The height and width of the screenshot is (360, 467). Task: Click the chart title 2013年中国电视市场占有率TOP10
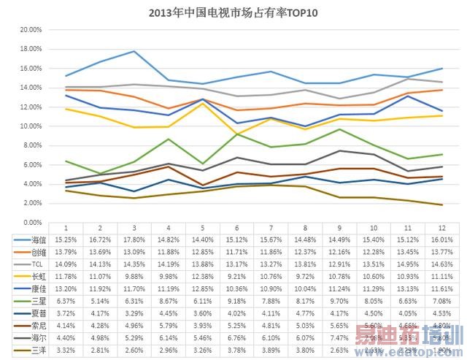tap(233, 12)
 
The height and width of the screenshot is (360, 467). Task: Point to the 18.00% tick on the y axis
tap(30, 49)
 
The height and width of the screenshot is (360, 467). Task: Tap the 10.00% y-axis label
tap(30, 126)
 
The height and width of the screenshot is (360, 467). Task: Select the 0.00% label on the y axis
tap(31, 222)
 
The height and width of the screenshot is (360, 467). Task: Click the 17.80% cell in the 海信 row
tap(134, 240)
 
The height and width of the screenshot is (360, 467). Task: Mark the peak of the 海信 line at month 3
tap(134, 51)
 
